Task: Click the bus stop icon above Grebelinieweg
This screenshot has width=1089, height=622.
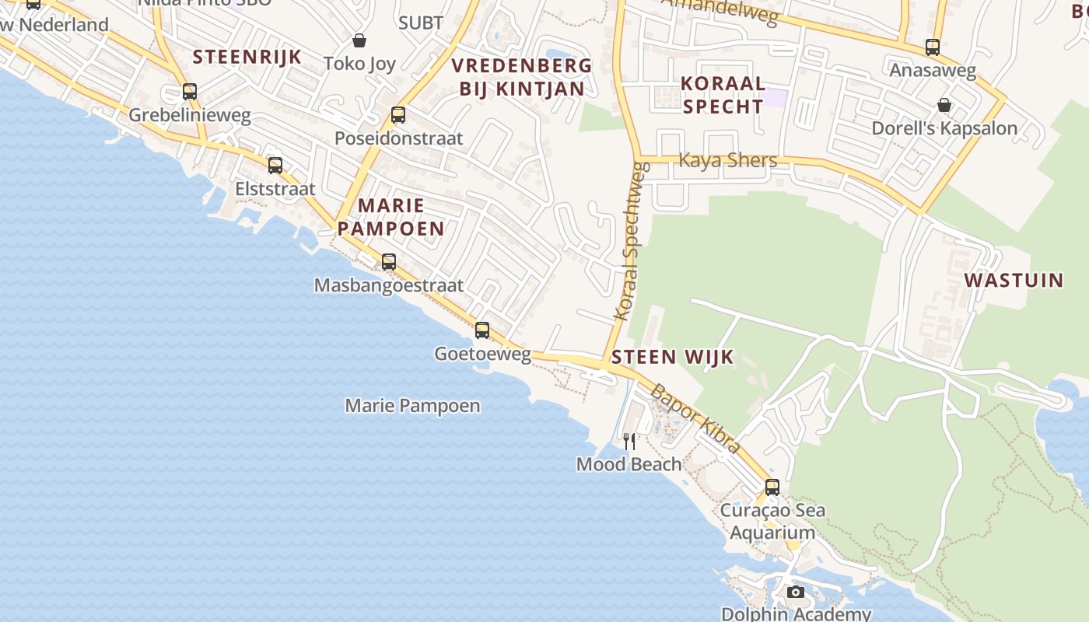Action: tap(190, 92)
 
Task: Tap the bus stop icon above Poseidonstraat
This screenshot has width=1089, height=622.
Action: tap(398, 115)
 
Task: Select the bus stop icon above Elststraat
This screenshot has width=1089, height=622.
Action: tap(275, 166)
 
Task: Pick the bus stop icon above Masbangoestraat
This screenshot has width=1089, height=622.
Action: tap(389, 262)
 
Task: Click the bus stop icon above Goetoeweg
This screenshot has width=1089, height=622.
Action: tap(482, 330)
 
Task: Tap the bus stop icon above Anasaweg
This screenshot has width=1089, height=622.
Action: tap(933, 47)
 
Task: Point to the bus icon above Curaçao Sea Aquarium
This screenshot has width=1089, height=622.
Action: tap(772, 487)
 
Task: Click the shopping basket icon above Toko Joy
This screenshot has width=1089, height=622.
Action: tap(359, 40)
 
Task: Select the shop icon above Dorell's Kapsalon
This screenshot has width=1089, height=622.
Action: tap(944, 105)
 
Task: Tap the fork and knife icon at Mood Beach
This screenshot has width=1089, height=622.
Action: tap(629, 442)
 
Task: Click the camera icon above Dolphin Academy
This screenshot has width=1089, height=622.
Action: tap(795, 592)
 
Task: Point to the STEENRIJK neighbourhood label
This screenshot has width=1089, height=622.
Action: tap(247, 57)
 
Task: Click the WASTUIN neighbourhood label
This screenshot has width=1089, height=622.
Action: tap(1014, 280)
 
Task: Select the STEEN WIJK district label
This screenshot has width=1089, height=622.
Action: tap(673, 357)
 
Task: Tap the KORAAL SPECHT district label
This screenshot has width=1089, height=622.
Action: tap(723, 95)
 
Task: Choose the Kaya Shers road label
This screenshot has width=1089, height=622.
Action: tap(728, 160)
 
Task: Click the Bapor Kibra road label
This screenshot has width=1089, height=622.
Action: tap(695, 418)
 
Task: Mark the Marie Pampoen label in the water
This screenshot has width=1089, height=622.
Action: tap(412, 406)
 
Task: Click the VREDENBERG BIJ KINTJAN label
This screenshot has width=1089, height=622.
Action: tap(522, 77)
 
